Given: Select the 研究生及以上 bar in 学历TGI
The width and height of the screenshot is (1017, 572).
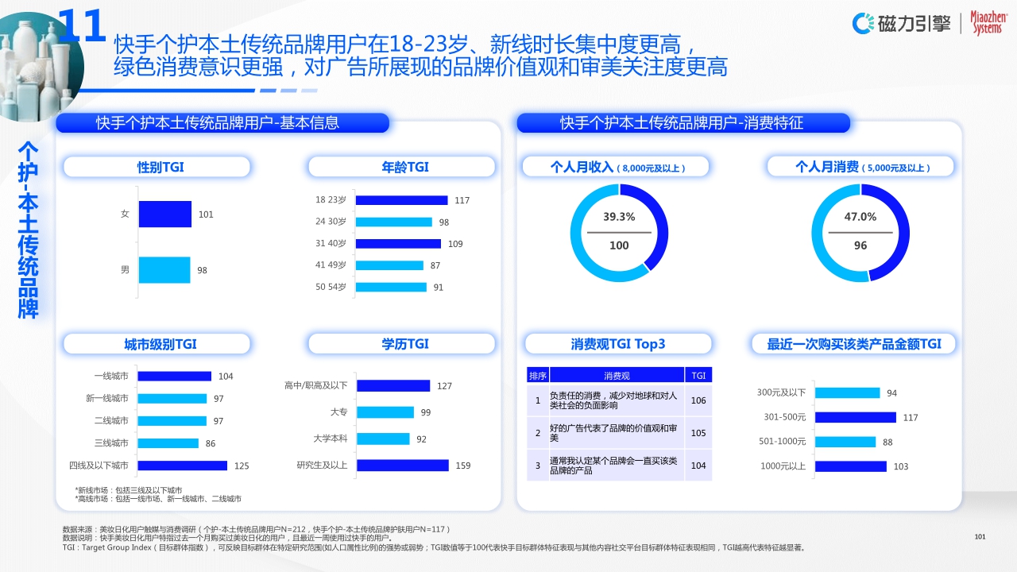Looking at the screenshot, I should (x=402, y=466).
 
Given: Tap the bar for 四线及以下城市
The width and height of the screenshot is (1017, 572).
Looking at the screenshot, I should (x=183, y=466).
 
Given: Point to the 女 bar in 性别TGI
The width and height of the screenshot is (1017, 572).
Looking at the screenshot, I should (x=164, y=214).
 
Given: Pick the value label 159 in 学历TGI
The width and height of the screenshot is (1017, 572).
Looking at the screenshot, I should (x=462, y=466).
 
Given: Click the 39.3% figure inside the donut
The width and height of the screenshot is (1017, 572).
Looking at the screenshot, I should (x=619, y=217).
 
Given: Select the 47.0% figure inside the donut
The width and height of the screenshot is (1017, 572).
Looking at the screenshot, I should (x=860, y=217).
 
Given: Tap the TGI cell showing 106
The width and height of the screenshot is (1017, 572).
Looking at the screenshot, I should (x=698, y=400).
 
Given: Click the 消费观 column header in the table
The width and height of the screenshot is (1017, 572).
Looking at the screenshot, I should (x=617, y=375).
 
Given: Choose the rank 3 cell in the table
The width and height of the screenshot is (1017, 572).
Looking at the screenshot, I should (x=538, y=466).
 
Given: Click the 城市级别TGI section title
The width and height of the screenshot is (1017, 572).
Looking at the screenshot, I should (x=160, y=344).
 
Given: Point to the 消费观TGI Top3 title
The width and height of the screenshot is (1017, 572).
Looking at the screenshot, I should (x=618, y=344).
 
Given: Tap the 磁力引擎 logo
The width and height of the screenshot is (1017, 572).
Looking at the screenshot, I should (x=901, y=23).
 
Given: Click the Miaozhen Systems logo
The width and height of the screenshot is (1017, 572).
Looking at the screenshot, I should (x=987, y=23).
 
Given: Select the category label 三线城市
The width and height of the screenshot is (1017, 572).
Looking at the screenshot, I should (x=111, y=443).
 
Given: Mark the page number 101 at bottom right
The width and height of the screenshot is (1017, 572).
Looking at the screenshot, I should (x=980, y=538).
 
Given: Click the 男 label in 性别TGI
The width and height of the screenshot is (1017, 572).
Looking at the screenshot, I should (x=125, y=270).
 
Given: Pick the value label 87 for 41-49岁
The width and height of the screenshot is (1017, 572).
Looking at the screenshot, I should (x=435, y=265).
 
